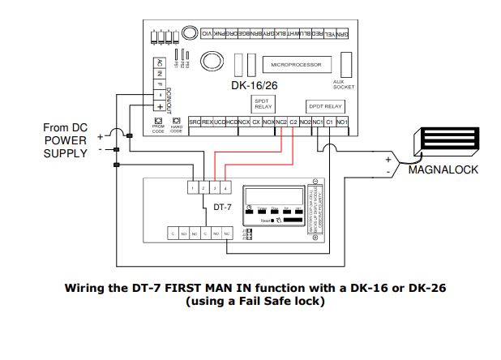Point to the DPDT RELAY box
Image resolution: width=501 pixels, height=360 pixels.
pos(326,105)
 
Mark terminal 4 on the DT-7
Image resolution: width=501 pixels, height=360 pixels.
pos(225,188)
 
